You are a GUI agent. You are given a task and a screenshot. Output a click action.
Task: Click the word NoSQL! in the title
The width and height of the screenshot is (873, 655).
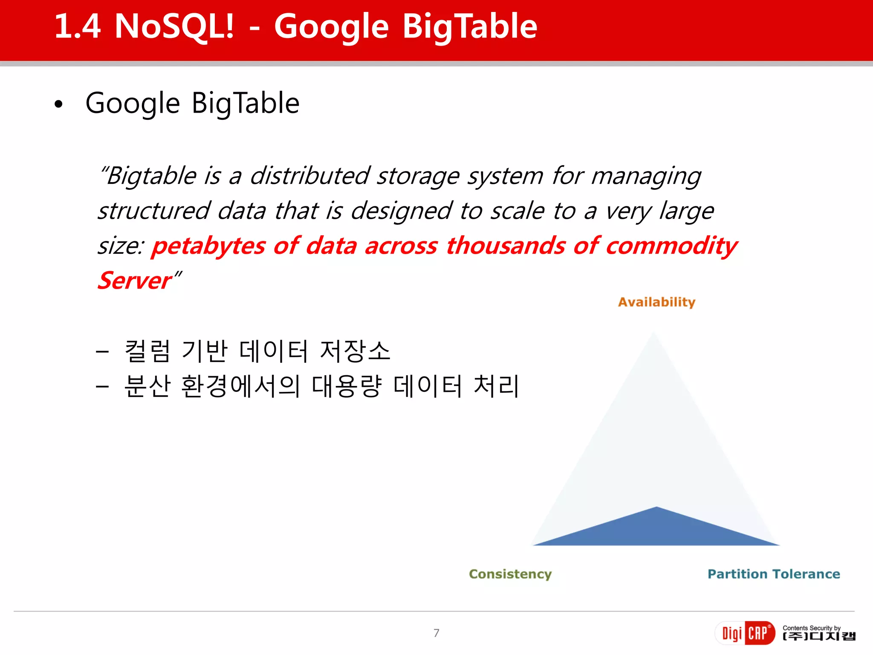(174, 26)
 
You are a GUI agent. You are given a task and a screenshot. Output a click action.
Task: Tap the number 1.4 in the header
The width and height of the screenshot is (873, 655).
(78, 26)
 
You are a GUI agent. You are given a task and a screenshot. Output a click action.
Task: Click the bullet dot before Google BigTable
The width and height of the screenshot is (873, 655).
(58, 104)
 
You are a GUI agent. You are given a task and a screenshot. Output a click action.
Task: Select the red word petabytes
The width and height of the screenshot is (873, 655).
(208, 246)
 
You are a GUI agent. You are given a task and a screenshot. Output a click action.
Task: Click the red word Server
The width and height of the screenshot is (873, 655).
(135, 281)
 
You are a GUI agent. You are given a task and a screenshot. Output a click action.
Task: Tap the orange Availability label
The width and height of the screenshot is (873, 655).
(656, 302)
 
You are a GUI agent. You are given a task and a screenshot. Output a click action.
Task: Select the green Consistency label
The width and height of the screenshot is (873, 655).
(510, 574)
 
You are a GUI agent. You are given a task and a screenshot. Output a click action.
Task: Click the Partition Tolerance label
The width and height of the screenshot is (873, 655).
(774, 574)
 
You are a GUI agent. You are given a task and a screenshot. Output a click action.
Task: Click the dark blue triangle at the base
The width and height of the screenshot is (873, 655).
(656, 531)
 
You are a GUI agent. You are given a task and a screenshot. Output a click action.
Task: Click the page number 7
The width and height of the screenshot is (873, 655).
(436, 633)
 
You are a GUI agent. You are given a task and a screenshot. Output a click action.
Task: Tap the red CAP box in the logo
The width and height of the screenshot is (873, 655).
(759, 633)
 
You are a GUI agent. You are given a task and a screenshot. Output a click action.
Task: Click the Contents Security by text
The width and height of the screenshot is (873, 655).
(811, 628)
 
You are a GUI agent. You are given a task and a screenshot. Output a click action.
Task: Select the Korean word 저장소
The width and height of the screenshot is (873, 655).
(355, 351)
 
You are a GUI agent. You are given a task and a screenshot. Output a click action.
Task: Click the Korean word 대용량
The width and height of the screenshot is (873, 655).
(347, 386)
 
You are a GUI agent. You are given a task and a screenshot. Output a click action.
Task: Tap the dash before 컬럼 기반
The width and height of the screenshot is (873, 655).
(102, 352)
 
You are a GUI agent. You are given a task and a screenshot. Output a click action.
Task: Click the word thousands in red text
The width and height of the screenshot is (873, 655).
(506, 246)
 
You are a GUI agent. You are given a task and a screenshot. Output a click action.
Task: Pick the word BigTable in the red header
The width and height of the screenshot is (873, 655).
(470, 26)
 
